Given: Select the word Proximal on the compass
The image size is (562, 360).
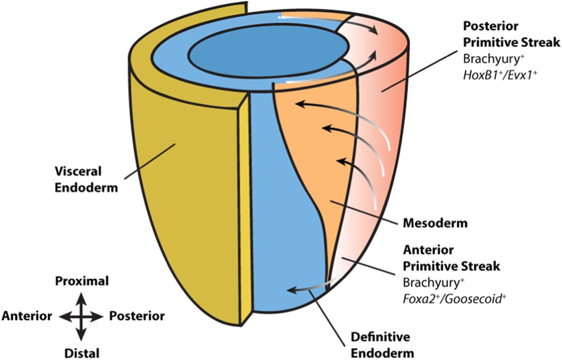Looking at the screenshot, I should click(82, 282).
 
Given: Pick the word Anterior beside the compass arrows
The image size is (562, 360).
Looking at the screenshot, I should click(27, 316).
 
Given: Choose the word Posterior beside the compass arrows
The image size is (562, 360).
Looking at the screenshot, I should click(137, 316).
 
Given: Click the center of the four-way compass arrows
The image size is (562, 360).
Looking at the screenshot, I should click(81, 317).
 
